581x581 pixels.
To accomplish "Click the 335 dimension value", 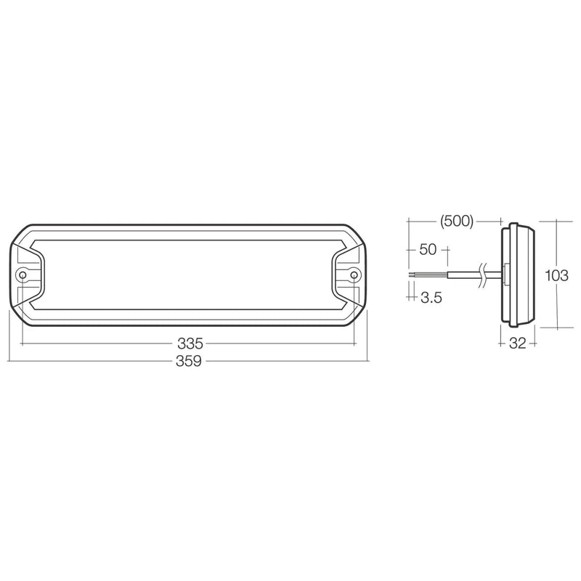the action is (x=190, y=344).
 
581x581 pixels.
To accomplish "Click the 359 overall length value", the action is (x=189, y=360).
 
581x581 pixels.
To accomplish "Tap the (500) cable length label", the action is (x=457, y=222).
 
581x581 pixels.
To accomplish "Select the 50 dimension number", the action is (x=428, y=249).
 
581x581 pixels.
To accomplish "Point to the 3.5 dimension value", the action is (x=431, y=297).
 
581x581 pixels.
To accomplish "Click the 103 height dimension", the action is (x=556, y=275).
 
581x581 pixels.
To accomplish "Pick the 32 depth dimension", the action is (x=517, y=344).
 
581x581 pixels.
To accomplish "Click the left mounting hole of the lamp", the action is (x=23, y=275).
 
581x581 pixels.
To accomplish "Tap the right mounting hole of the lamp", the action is (x=354, y=275).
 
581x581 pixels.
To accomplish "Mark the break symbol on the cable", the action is (x=483, y=276).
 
